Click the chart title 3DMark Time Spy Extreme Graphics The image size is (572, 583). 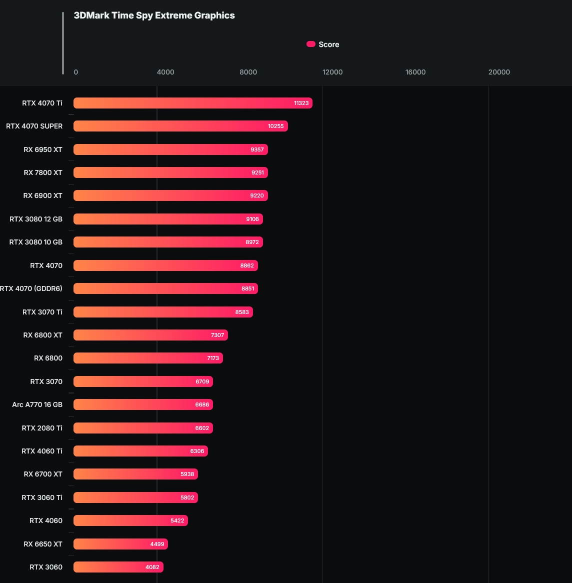[x=154, y=15]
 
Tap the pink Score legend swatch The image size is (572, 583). [x=310, y=44]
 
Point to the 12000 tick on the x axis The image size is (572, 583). [x=332, y=72]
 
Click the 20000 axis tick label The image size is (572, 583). [x=499, y=72]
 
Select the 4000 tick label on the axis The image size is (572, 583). [x=165, y=72]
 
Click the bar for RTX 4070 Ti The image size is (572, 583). [x=192, y=103]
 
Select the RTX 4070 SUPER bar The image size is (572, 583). [x=180, y=126]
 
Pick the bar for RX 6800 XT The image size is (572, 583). [x=150, y=335]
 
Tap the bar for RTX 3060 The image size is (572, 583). [x=118, y=567]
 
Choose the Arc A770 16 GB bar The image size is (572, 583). [x=143, y=404]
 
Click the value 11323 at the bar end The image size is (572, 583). [x=301, y=103]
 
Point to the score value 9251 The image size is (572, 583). [x=257, y=172]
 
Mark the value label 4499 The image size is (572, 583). [x=157, y=544]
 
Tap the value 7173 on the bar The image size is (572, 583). [x=213, y=358]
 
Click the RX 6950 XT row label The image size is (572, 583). [x=43, y=149]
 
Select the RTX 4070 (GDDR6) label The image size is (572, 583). [x=31, y=288]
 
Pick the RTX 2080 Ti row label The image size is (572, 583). [x=42, y=428]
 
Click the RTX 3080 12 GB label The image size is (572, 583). [x=36, y=219]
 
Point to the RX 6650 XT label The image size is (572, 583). [x=43, y=544]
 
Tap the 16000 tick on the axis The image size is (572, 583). [x=415, y=72]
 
